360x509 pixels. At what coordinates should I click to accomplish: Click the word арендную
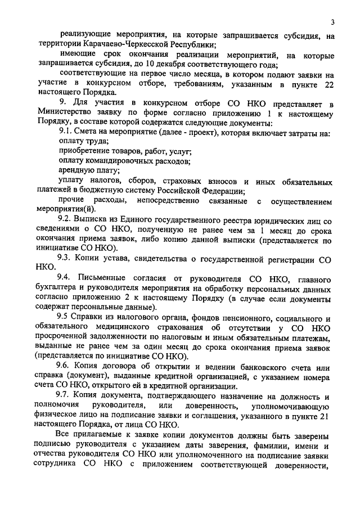coord(77,170)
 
